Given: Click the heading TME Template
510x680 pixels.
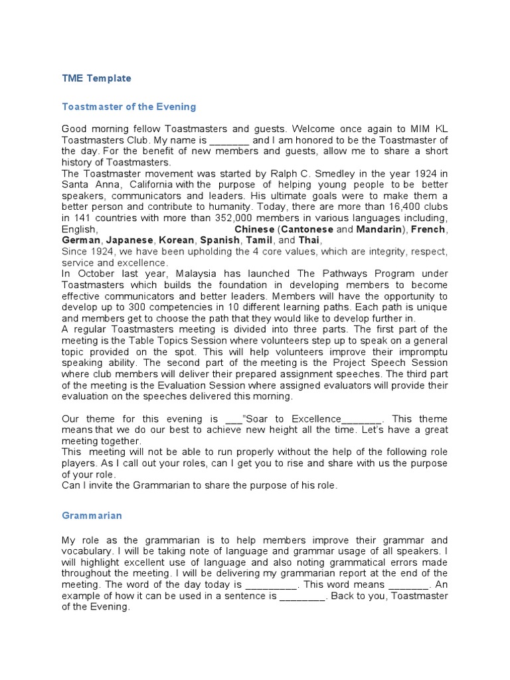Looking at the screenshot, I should pyautogui.click(x=96, y=78).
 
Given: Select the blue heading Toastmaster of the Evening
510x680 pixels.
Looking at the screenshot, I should pyautogui.click(x=129, y=106).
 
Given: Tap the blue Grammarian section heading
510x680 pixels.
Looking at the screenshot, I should pyautogui.click(x=92, y=515).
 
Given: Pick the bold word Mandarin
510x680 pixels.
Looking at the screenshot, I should pyautogui.click(x=379, y=229).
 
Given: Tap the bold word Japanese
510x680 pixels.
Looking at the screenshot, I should pyautogui.click(x=130, y=240).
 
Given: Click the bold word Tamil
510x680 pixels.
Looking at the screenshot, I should pyautogui.click(x=258, y=240).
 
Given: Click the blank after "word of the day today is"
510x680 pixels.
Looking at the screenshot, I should pyautogui.click(x=272, y=585).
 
